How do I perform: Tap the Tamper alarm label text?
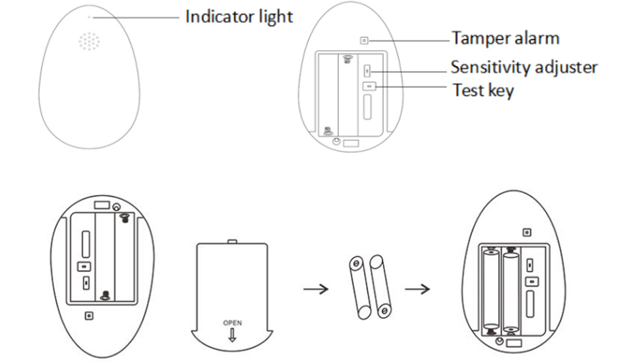click(x=505, y=38)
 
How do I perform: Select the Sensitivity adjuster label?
click(x=524, y=67)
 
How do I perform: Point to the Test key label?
click(x=484, y=90)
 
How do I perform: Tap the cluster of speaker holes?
click(x=89, y=42)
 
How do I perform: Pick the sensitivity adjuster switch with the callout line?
click(x=368, y=70)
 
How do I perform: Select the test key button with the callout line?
click(x=369, y=86)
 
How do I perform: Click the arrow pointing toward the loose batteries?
click(x=316, y=288)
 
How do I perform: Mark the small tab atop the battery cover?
click(x=232, y=241)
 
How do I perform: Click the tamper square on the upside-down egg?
click(x=88, y=316)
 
